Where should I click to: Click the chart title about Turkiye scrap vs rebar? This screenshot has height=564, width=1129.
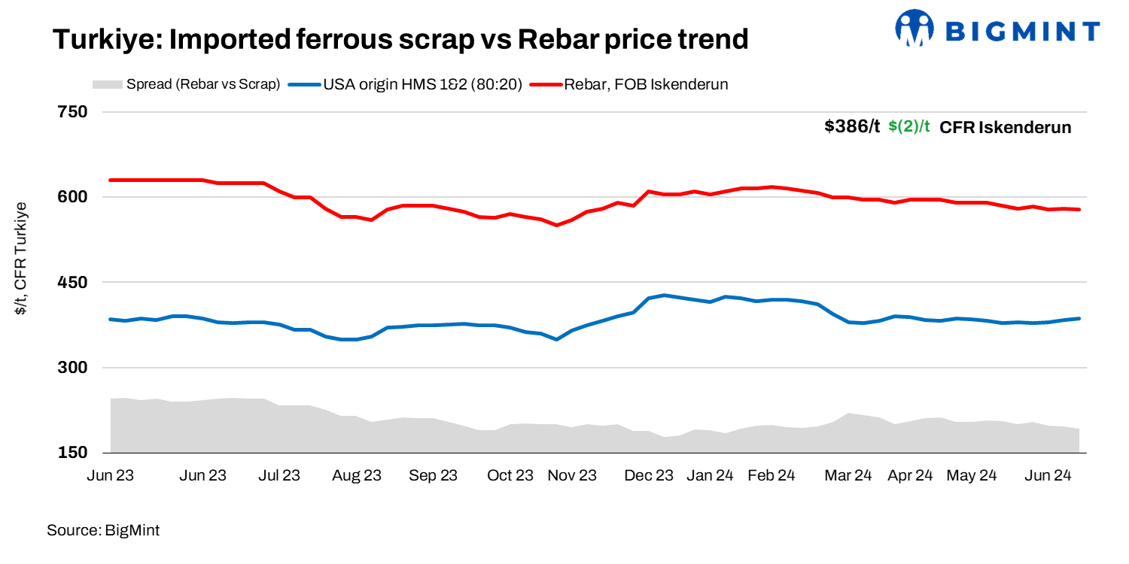tap(400, 39)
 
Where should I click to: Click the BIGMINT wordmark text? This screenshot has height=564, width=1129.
tap(1021, 31)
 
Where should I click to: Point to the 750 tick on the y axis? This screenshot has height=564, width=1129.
tap(72, 112)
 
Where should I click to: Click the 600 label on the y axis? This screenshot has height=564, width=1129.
tap(72, 197)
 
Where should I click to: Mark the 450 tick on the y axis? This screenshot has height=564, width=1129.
tap(72, 283)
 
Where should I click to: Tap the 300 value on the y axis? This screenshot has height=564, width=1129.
tap(72, 368)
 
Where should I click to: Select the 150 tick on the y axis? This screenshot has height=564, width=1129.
tap(72, 453)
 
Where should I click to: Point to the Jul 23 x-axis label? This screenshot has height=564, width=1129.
tap(278, 475)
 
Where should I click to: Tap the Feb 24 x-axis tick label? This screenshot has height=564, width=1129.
tap(771, 475)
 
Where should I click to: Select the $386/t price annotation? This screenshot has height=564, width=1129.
tap(851, 127)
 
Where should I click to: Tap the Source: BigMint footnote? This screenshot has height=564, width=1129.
tap(103, 530)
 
